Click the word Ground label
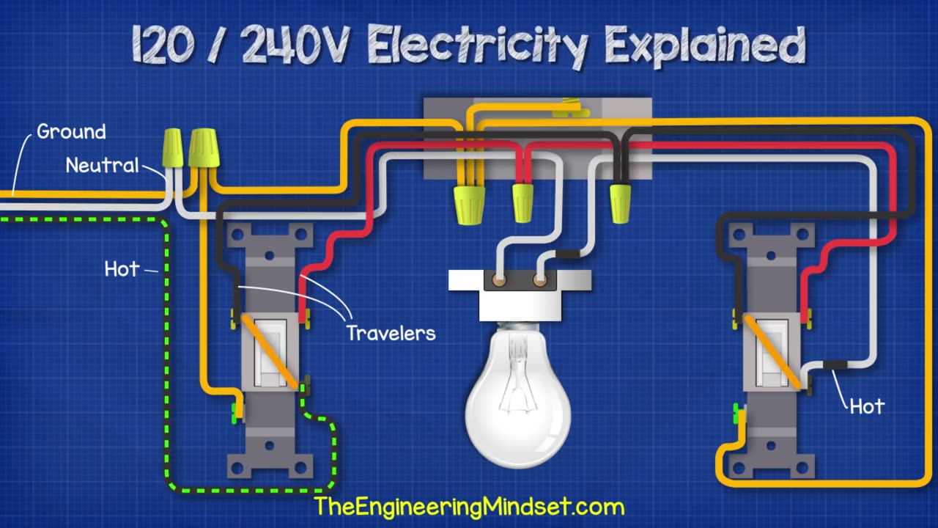[x=71, y=131]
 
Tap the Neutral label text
[x=102, y=165]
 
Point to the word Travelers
[x=391, y=333]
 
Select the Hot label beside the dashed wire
[x=122, y=268]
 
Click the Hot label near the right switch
[x=867, y=406]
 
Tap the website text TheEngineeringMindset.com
[x=469, y=506]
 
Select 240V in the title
[x=295, y=43]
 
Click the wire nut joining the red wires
[x=523, y=203]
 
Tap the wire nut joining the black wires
[x=620, y=203]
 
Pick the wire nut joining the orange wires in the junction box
[x=469, y=205]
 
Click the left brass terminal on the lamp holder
[x=499, y=280]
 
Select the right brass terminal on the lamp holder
[x=540, y=280]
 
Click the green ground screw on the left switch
[x=235, y=412]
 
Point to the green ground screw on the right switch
[x=736, y=413]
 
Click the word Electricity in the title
[x=478, y=46]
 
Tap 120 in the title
[x=163, y=43]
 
